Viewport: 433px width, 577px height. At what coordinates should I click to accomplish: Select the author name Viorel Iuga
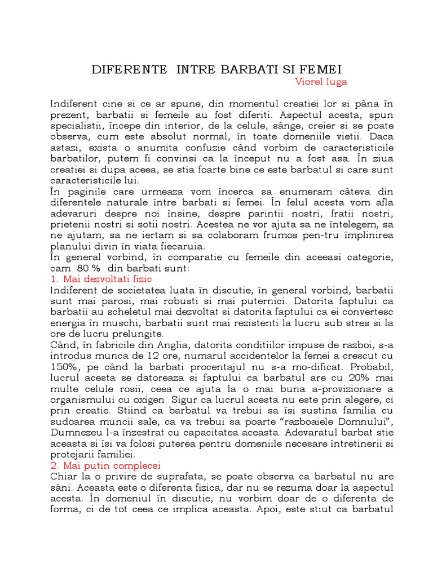click(x=321, y=82)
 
